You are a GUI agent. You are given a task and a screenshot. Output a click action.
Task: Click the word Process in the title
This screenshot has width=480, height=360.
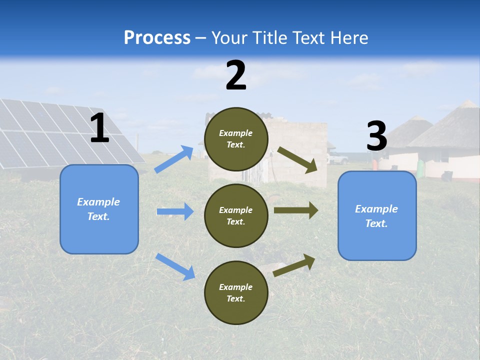157,37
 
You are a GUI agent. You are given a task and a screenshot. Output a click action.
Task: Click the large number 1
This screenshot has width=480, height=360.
99,128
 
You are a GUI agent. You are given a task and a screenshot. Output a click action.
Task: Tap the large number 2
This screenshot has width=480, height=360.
236,75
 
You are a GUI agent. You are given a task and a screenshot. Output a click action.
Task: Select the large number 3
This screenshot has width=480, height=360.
376,136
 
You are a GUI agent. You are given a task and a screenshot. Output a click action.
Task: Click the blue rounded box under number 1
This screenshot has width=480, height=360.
99,209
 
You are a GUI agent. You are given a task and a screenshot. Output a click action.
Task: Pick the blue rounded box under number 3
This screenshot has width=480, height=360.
377,215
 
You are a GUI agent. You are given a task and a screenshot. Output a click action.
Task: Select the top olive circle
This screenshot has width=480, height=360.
236,139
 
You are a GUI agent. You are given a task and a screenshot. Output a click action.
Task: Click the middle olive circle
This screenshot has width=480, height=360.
236,215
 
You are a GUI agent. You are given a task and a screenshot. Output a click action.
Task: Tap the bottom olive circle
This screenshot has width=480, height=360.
236,292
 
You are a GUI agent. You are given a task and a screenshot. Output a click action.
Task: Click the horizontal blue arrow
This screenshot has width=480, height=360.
175,211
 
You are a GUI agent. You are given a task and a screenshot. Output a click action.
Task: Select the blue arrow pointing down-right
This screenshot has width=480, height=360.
175,266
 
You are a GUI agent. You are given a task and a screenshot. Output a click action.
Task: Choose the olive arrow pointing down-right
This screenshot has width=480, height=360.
297,160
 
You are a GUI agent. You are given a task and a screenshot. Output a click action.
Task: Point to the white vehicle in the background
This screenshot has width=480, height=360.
338,159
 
